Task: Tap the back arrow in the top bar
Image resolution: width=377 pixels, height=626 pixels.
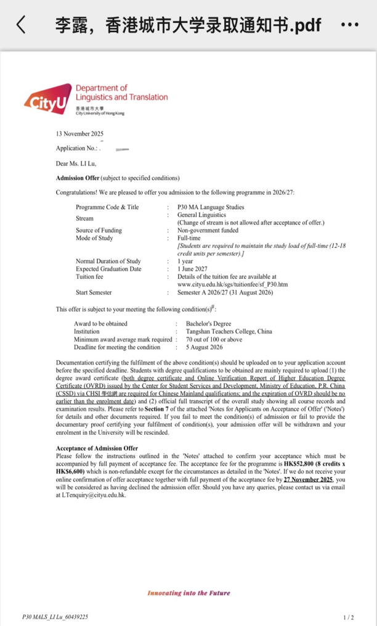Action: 21,25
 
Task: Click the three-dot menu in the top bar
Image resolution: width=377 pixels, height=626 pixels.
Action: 349,25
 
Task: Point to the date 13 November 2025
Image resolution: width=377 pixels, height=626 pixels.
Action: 79,134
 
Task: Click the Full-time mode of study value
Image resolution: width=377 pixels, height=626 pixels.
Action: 188,237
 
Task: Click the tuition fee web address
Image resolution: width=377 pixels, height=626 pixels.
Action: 232,284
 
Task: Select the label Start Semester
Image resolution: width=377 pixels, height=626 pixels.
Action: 94,292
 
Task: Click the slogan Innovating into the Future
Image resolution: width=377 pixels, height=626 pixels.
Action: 188,593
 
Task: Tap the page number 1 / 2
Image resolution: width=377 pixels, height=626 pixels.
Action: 349,617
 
